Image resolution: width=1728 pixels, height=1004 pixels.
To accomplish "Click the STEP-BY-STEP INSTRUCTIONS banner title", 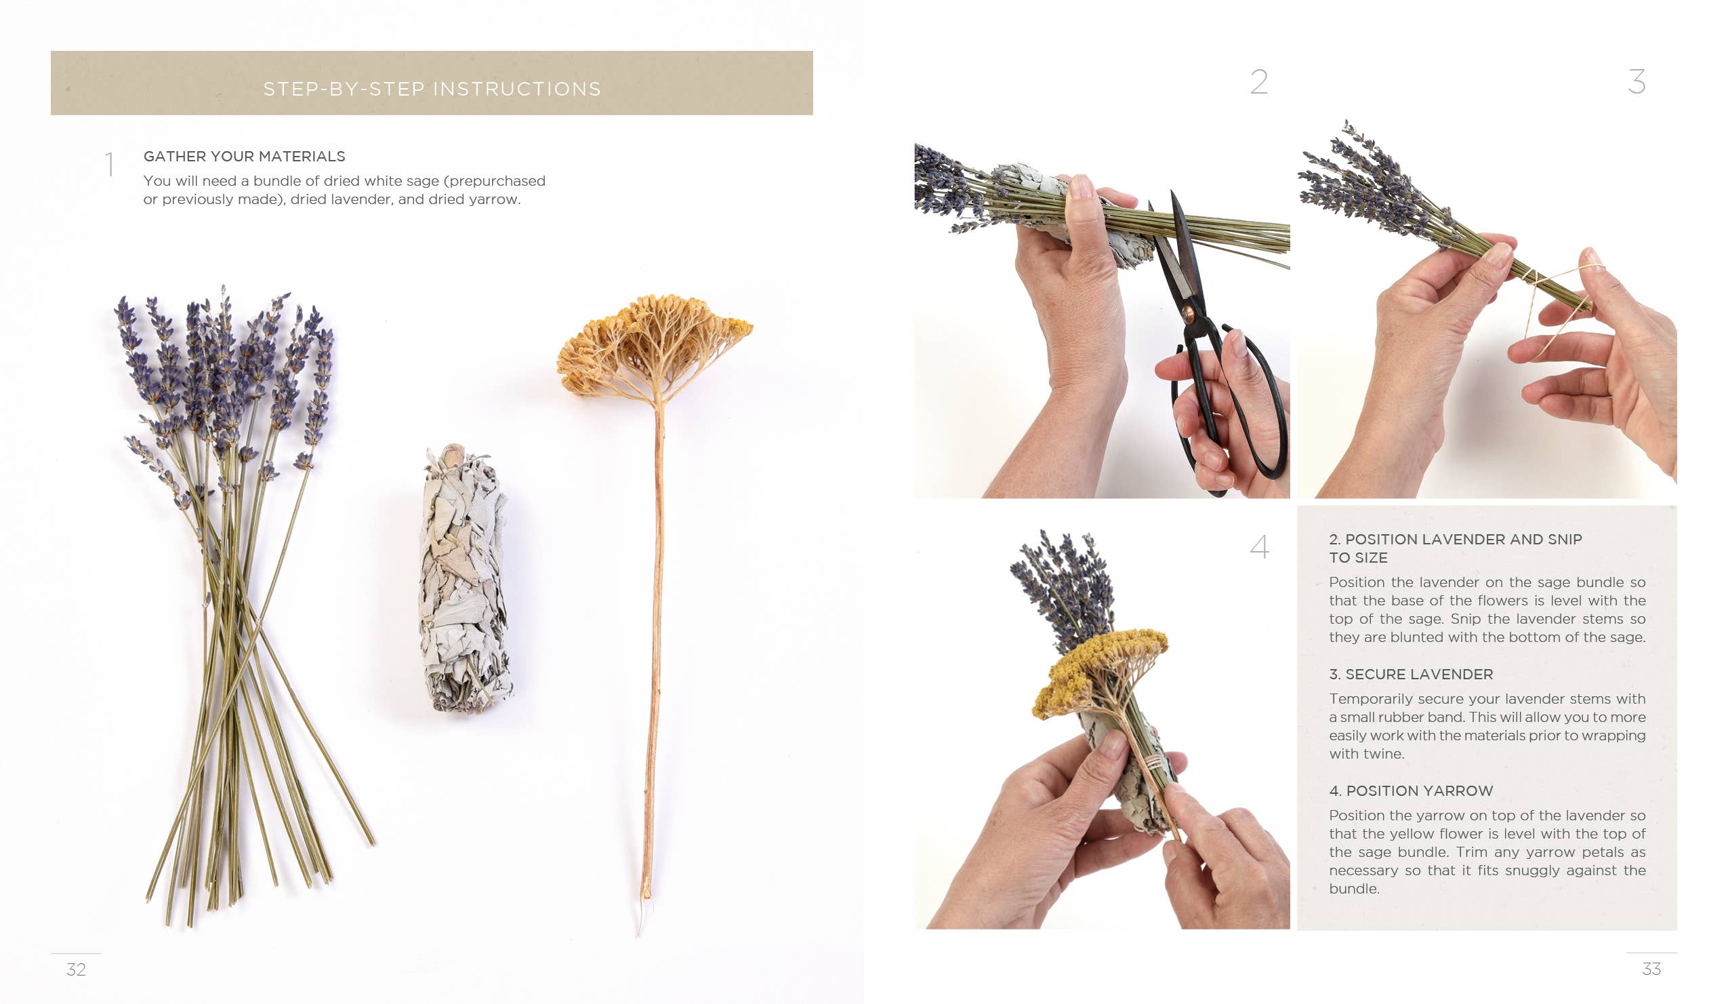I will click(x=432, y=89).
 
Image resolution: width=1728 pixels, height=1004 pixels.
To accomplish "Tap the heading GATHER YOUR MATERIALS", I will click(x=244, y=157).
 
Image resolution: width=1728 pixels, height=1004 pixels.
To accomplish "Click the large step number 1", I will click(x=109, y=165).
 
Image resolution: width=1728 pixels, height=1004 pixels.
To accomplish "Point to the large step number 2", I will click(x=1259, y=82).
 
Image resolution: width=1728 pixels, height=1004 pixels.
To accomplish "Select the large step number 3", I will click(x=1637, y=82).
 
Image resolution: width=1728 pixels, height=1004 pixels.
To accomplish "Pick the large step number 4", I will click(x=1259, y=547).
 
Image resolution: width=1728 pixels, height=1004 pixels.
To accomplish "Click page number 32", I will click(x=76, y=969).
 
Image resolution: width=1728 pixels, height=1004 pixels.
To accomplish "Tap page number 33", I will click(x=1651, y=968).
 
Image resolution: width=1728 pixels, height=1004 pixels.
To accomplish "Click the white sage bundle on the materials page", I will click(x=465, y=580).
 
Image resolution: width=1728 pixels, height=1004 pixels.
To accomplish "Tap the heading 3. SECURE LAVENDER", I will click(x=1410, y=674).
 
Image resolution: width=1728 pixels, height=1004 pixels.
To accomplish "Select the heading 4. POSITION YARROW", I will click(x=1410, y=790).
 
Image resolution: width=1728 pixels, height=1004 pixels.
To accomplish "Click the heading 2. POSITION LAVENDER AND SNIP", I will click(x=1455, y=540).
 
